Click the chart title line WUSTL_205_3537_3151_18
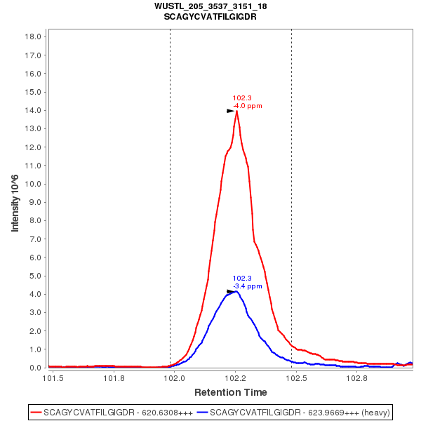pyautogui.click(x=210, y=6)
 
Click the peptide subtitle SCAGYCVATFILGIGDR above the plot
pyautogui.click(x=210, y=16)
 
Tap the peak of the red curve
pyautogui.click(x=236, y=111)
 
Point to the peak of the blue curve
pyautogui.click(x=236, y=290)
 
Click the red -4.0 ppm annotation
pyautogui.click(x=247, y=106)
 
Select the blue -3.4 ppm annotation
pyautogui.click(x=247, y=286)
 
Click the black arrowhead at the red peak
pyautogui.click(x=230, y=111)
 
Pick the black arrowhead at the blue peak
pyautogui.click(x=230, y=291)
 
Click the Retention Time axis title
pyautogui.click(x=230, y=392)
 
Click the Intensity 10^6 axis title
pyautogui.click(x=15, y=202)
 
